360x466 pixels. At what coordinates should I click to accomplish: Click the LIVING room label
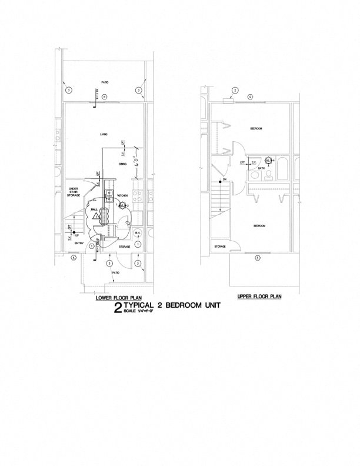point(104,135)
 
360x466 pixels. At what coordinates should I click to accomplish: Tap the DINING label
point(122,164)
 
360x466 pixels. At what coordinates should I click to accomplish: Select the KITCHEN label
point(123,195)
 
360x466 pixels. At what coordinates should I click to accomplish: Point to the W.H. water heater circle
point(137,231)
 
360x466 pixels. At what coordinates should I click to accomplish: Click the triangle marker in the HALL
point(94,217)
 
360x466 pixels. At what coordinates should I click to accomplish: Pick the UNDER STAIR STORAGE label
point(74,192)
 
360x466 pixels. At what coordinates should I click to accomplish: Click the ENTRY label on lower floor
point(79,243)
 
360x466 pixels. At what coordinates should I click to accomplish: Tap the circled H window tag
point(104,96)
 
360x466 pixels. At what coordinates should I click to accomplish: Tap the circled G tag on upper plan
point(250,96)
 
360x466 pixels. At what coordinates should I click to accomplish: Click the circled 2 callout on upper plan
point(235,90)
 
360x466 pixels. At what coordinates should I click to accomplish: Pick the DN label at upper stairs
point(224,179)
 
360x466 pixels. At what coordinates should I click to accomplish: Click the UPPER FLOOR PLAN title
point(259,296)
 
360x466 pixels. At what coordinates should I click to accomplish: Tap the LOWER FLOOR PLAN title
point(119,298)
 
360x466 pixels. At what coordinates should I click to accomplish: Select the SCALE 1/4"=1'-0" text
point(137,311)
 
